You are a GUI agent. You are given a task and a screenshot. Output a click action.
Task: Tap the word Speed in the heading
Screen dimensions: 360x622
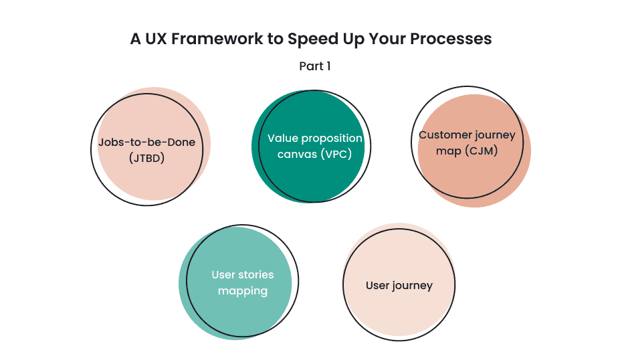pyautogui.click(x=311, y=39)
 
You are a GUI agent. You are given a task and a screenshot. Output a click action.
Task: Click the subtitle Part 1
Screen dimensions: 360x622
pyautogui.click(x=314, y=66)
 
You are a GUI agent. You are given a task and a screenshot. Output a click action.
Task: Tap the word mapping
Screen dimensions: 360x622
pyautogui.click(x=242, y=291)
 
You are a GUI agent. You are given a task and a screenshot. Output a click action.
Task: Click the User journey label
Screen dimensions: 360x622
pyautogui.click(x=399, y=286)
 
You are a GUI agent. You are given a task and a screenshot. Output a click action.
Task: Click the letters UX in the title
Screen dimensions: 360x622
pyautogui.click(x=156, y=39)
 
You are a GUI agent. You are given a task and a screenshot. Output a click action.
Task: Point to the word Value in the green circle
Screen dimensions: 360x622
pyautogui.click(x=282, y=139)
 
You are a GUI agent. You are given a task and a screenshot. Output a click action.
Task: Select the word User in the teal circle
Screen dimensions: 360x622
pyautogui.click(x=223, y=275)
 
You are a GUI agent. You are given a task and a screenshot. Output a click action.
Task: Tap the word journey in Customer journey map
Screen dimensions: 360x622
pyautogui.click(x=494, y=135)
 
